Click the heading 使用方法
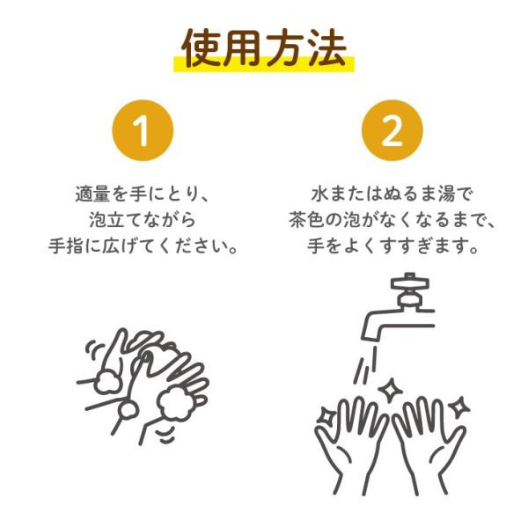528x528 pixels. coord(264,48)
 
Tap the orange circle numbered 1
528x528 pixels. coord(143,130)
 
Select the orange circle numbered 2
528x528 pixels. coord(392,130)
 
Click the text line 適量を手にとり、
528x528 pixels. coord(143,194)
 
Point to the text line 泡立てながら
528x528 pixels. coord(143,220)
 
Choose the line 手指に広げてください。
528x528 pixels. coord(143,246)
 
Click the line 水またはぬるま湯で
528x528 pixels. coord(392,194)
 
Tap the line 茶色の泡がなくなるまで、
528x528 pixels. coord(392,220)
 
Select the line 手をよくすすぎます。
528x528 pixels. coord(392,246)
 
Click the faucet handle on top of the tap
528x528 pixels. coord(409,283)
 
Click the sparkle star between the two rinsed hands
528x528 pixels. coord(390,390)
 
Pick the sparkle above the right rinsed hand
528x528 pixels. coord(459,407)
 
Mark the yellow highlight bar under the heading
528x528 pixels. coord(264,64)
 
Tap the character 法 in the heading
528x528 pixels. coord(326,48)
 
